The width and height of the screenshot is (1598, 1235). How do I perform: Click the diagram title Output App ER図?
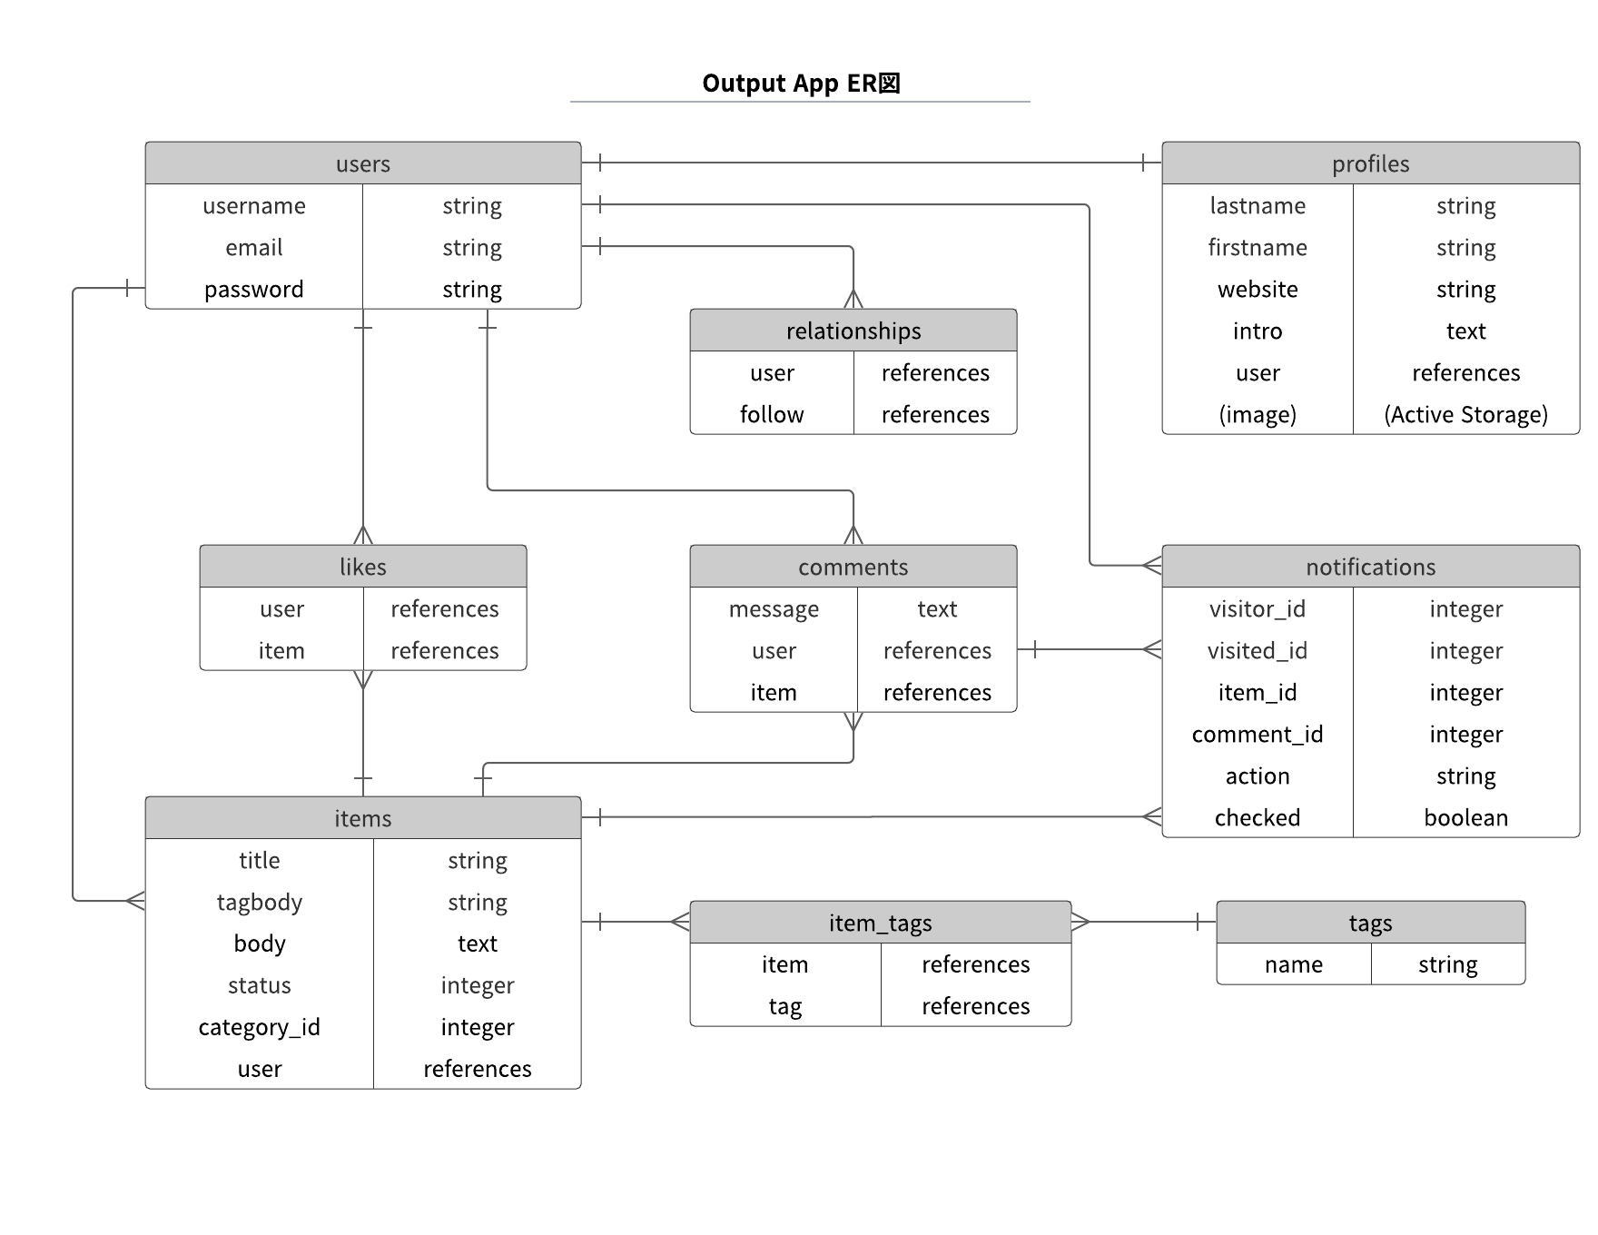click(801, 84)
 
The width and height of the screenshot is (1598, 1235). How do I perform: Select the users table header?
click(362, 163)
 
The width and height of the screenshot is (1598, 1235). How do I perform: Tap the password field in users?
click(253, 290)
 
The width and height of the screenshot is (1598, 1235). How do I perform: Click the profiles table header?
click(1370, 163)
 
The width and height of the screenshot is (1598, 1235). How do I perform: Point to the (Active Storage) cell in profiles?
click(1465, 415)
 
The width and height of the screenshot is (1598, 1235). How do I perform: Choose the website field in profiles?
click(1258, 290)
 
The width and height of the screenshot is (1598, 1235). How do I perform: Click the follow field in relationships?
click(772, 415)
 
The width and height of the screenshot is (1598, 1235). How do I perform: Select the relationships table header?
click(853, 331)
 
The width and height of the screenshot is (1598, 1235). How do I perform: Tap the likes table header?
click(362, 567)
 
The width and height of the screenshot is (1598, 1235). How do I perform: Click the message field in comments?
click(774, 609)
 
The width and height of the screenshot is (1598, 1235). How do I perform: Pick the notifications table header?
click(1370, 567)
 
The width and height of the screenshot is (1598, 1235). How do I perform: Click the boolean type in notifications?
click(1465, 818)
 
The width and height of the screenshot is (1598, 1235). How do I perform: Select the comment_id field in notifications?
click(1258, 735)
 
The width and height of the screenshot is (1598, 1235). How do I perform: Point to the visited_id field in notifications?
click(1258, 651)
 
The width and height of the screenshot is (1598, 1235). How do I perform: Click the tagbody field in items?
click(259, 903)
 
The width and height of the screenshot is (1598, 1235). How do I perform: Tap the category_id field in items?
click(259, 1028)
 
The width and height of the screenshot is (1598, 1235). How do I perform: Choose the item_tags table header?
click(880, 923)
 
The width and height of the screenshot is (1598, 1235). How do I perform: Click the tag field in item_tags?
click(784, 1006)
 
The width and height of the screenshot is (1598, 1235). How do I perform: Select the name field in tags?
click(1293, 964)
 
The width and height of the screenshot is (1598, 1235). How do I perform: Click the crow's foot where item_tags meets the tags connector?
click(1080, 922)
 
